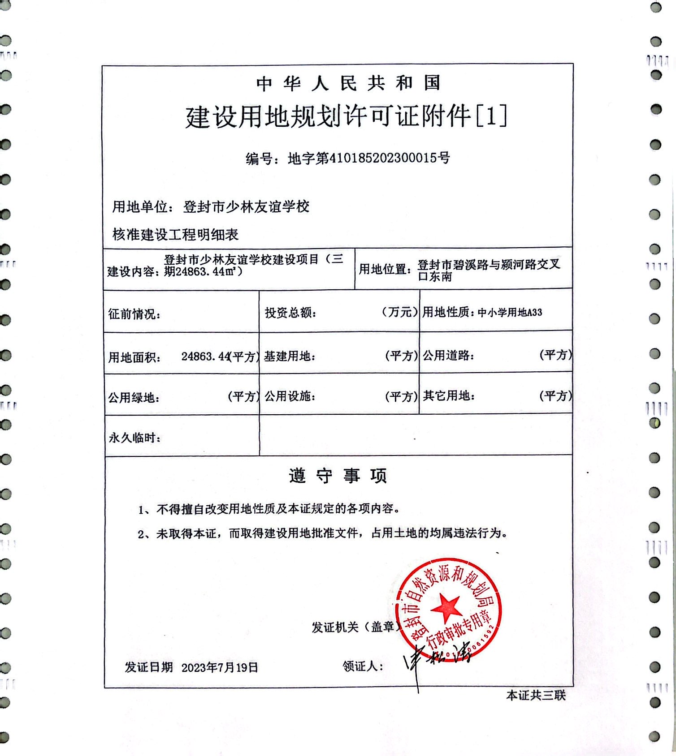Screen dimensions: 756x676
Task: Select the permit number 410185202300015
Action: pos(384,158)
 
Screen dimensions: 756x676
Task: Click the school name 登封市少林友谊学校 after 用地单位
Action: pos(246,207)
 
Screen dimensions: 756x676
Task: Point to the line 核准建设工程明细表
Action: pos(175,234)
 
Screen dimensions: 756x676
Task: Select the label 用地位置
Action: pos(385,269)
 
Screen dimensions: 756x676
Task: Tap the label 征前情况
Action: pos(134,314)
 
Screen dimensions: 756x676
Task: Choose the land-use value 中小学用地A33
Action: pos(510,313)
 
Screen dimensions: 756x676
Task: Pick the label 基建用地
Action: pos(289,356)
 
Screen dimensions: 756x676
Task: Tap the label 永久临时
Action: pos(134,438)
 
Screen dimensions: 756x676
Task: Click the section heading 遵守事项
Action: pos(338,476)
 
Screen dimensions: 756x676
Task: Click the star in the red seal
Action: pos(446,607)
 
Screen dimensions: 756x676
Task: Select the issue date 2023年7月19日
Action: pos(220,667)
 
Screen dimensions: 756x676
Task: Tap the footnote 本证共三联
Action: pos(536,695)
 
